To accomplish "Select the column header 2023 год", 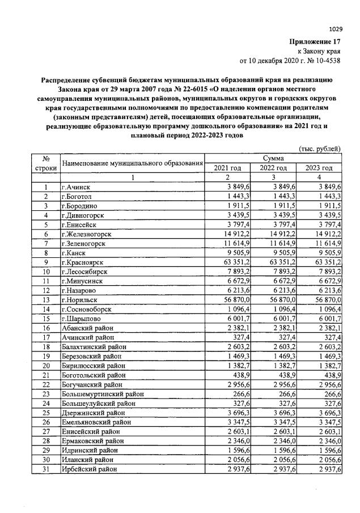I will [x=319, y=168].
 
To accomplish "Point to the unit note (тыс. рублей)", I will [x=319, y=149].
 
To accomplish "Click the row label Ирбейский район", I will [x=89, y=469].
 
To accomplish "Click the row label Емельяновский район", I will [x=94, y=422].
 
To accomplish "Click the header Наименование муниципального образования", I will [x=132, y=163].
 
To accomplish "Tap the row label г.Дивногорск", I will [x=83, y=215].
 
